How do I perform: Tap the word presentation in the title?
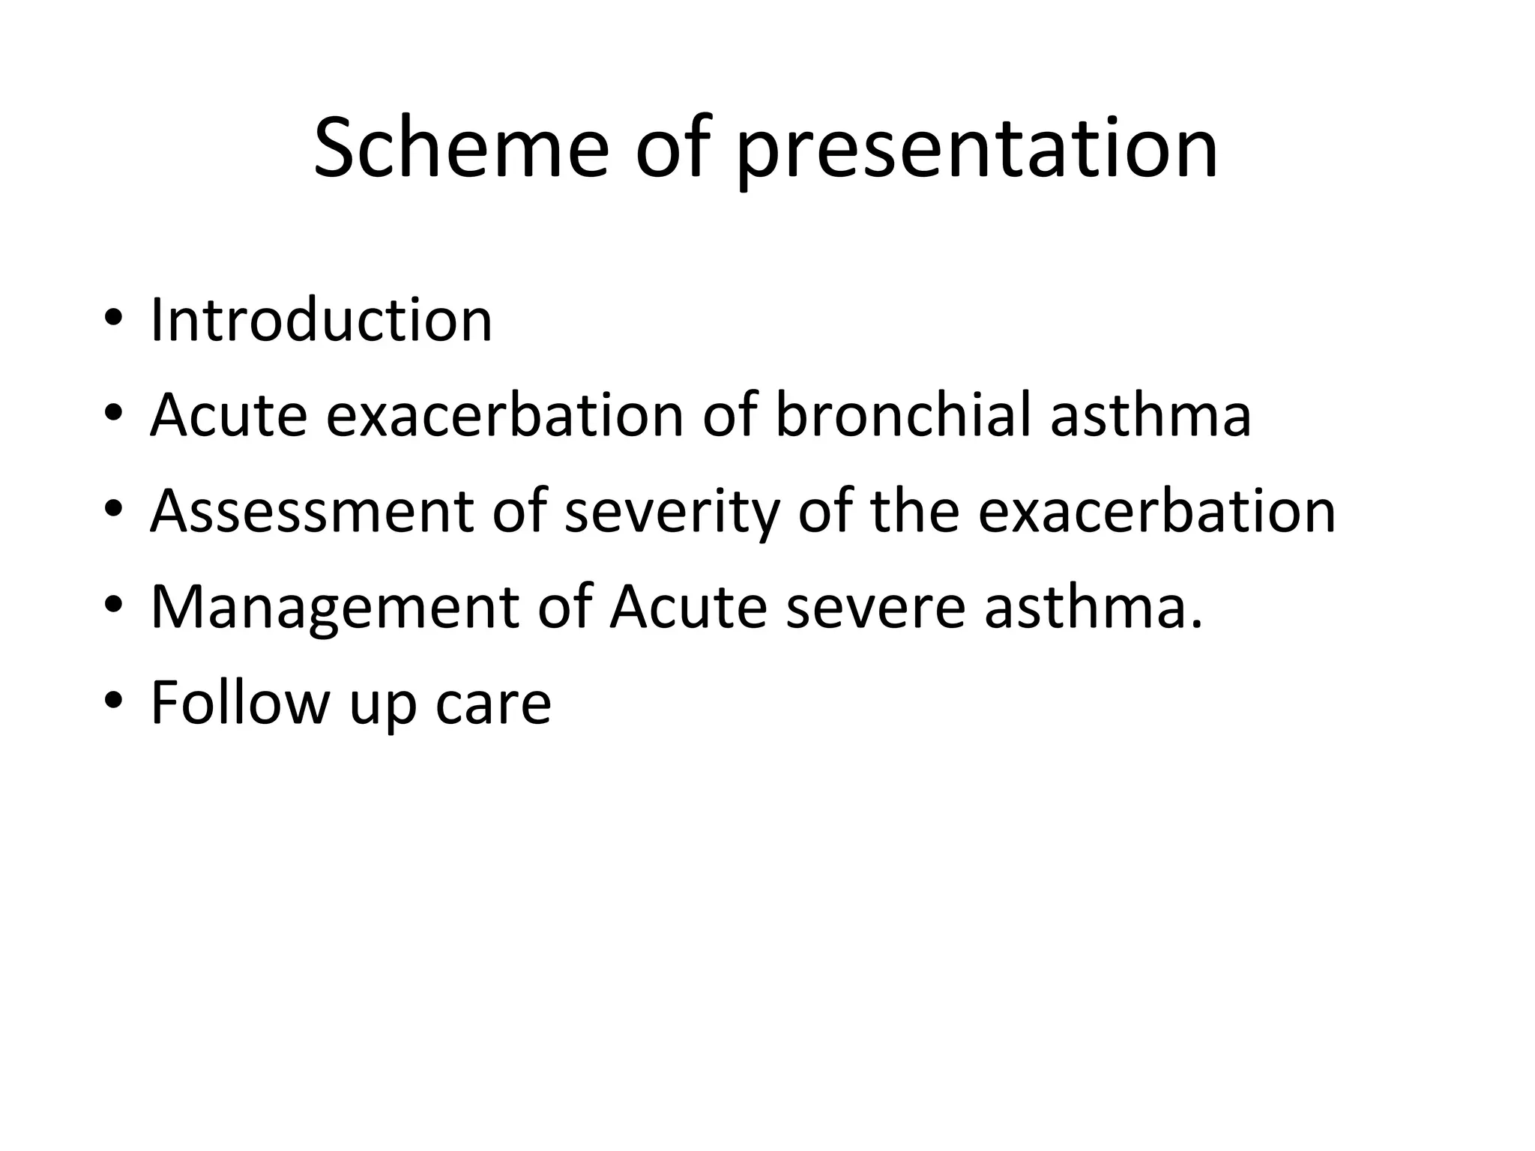pyautogui.click(x=977, y=150)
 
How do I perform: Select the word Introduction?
pyautogui.click(x=322, y=320)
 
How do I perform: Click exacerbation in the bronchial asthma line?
pyautogui.click(x=505, y=414)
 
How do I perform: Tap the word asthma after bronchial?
pyautogui.click(x=1151, y=414)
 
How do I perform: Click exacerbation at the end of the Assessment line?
pyautogui.click(x=1156, y=511)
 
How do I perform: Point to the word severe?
pyautogui.click(x=875, y=607)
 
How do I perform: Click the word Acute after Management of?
pyautogui.click(x=688, y=607)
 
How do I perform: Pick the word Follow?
pyautogui.click(x=240, y=702)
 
